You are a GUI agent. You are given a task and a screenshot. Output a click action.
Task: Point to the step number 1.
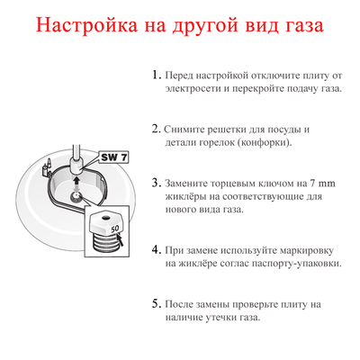156,76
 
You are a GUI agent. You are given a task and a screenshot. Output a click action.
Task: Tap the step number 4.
156,248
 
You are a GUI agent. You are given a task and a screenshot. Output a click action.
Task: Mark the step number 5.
156,302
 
